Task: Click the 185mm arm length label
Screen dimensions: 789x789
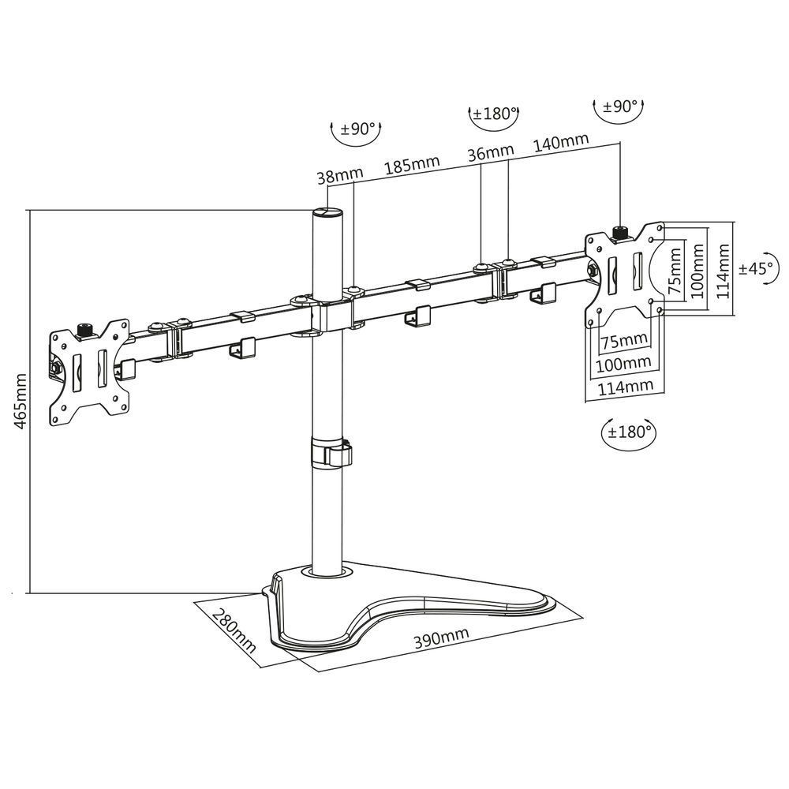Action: click(x=412, y=166)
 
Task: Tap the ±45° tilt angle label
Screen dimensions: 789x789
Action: click(x=757, y=268)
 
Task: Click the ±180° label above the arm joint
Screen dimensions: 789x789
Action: click(x=494, y=114)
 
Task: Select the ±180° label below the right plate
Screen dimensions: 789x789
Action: click(x=629, y=432)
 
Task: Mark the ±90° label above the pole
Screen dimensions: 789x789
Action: click(x=359, y=130)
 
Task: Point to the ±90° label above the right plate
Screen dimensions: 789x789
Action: click(x=621, y=107)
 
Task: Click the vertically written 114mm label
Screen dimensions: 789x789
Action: click(x=720, y=268)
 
